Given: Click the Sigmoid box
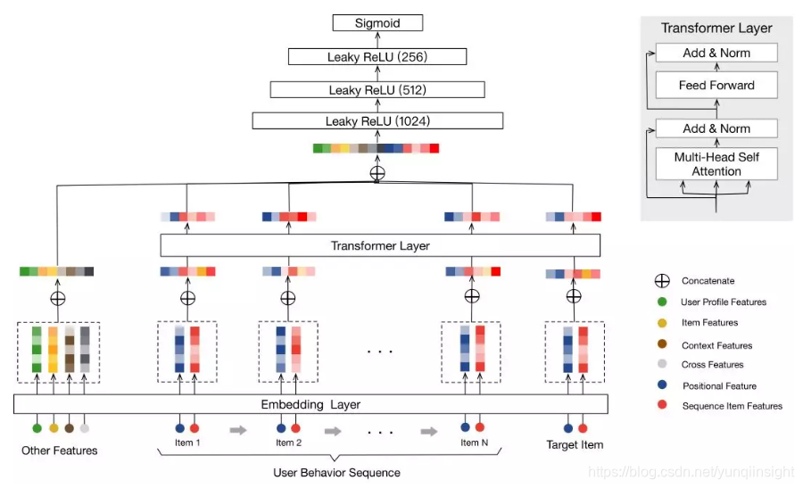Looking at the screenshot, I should click(377, 23).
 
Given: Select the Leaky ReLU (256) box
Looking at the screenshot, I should click(377, 57).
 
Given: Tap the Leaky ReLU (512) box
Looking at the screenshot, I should click(377, 89).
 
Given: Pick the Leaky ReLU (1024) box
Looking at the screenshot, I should click(377, 121).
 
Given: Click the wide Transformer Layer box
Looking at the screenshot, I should click(380, 245).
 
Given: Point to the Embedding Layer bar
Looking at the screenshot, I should click(310, 404).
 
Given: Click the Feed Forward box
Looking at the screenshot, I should click(716, 86).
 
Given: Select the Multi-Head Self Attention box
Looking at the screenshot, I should click(716, 164).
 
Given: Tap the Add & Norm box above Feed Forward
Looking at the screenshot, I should click(716, 53).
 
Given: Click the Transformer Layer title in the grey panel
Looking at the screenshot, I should click(716, 28).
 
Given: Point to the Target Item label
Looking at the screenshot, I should click(575, 444).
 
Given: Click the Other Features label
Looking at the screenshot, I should click(60, 451).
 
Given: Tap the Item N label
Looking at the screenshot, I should click(474, 443).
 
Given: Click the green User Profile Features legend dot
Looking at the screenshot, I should click(661, 302).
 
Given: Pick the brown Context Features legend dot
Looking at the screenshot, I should click(661, 344).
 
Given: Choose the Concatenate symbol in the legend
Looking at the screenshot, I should click(661, 280).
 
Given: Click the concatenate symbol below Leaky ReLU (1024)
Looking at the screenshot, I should click(377, 173).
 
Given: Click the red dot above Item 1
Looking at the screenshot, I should click(195, 427).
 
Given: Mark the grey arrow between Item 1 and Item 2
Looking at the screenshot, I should click(238, 430).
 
